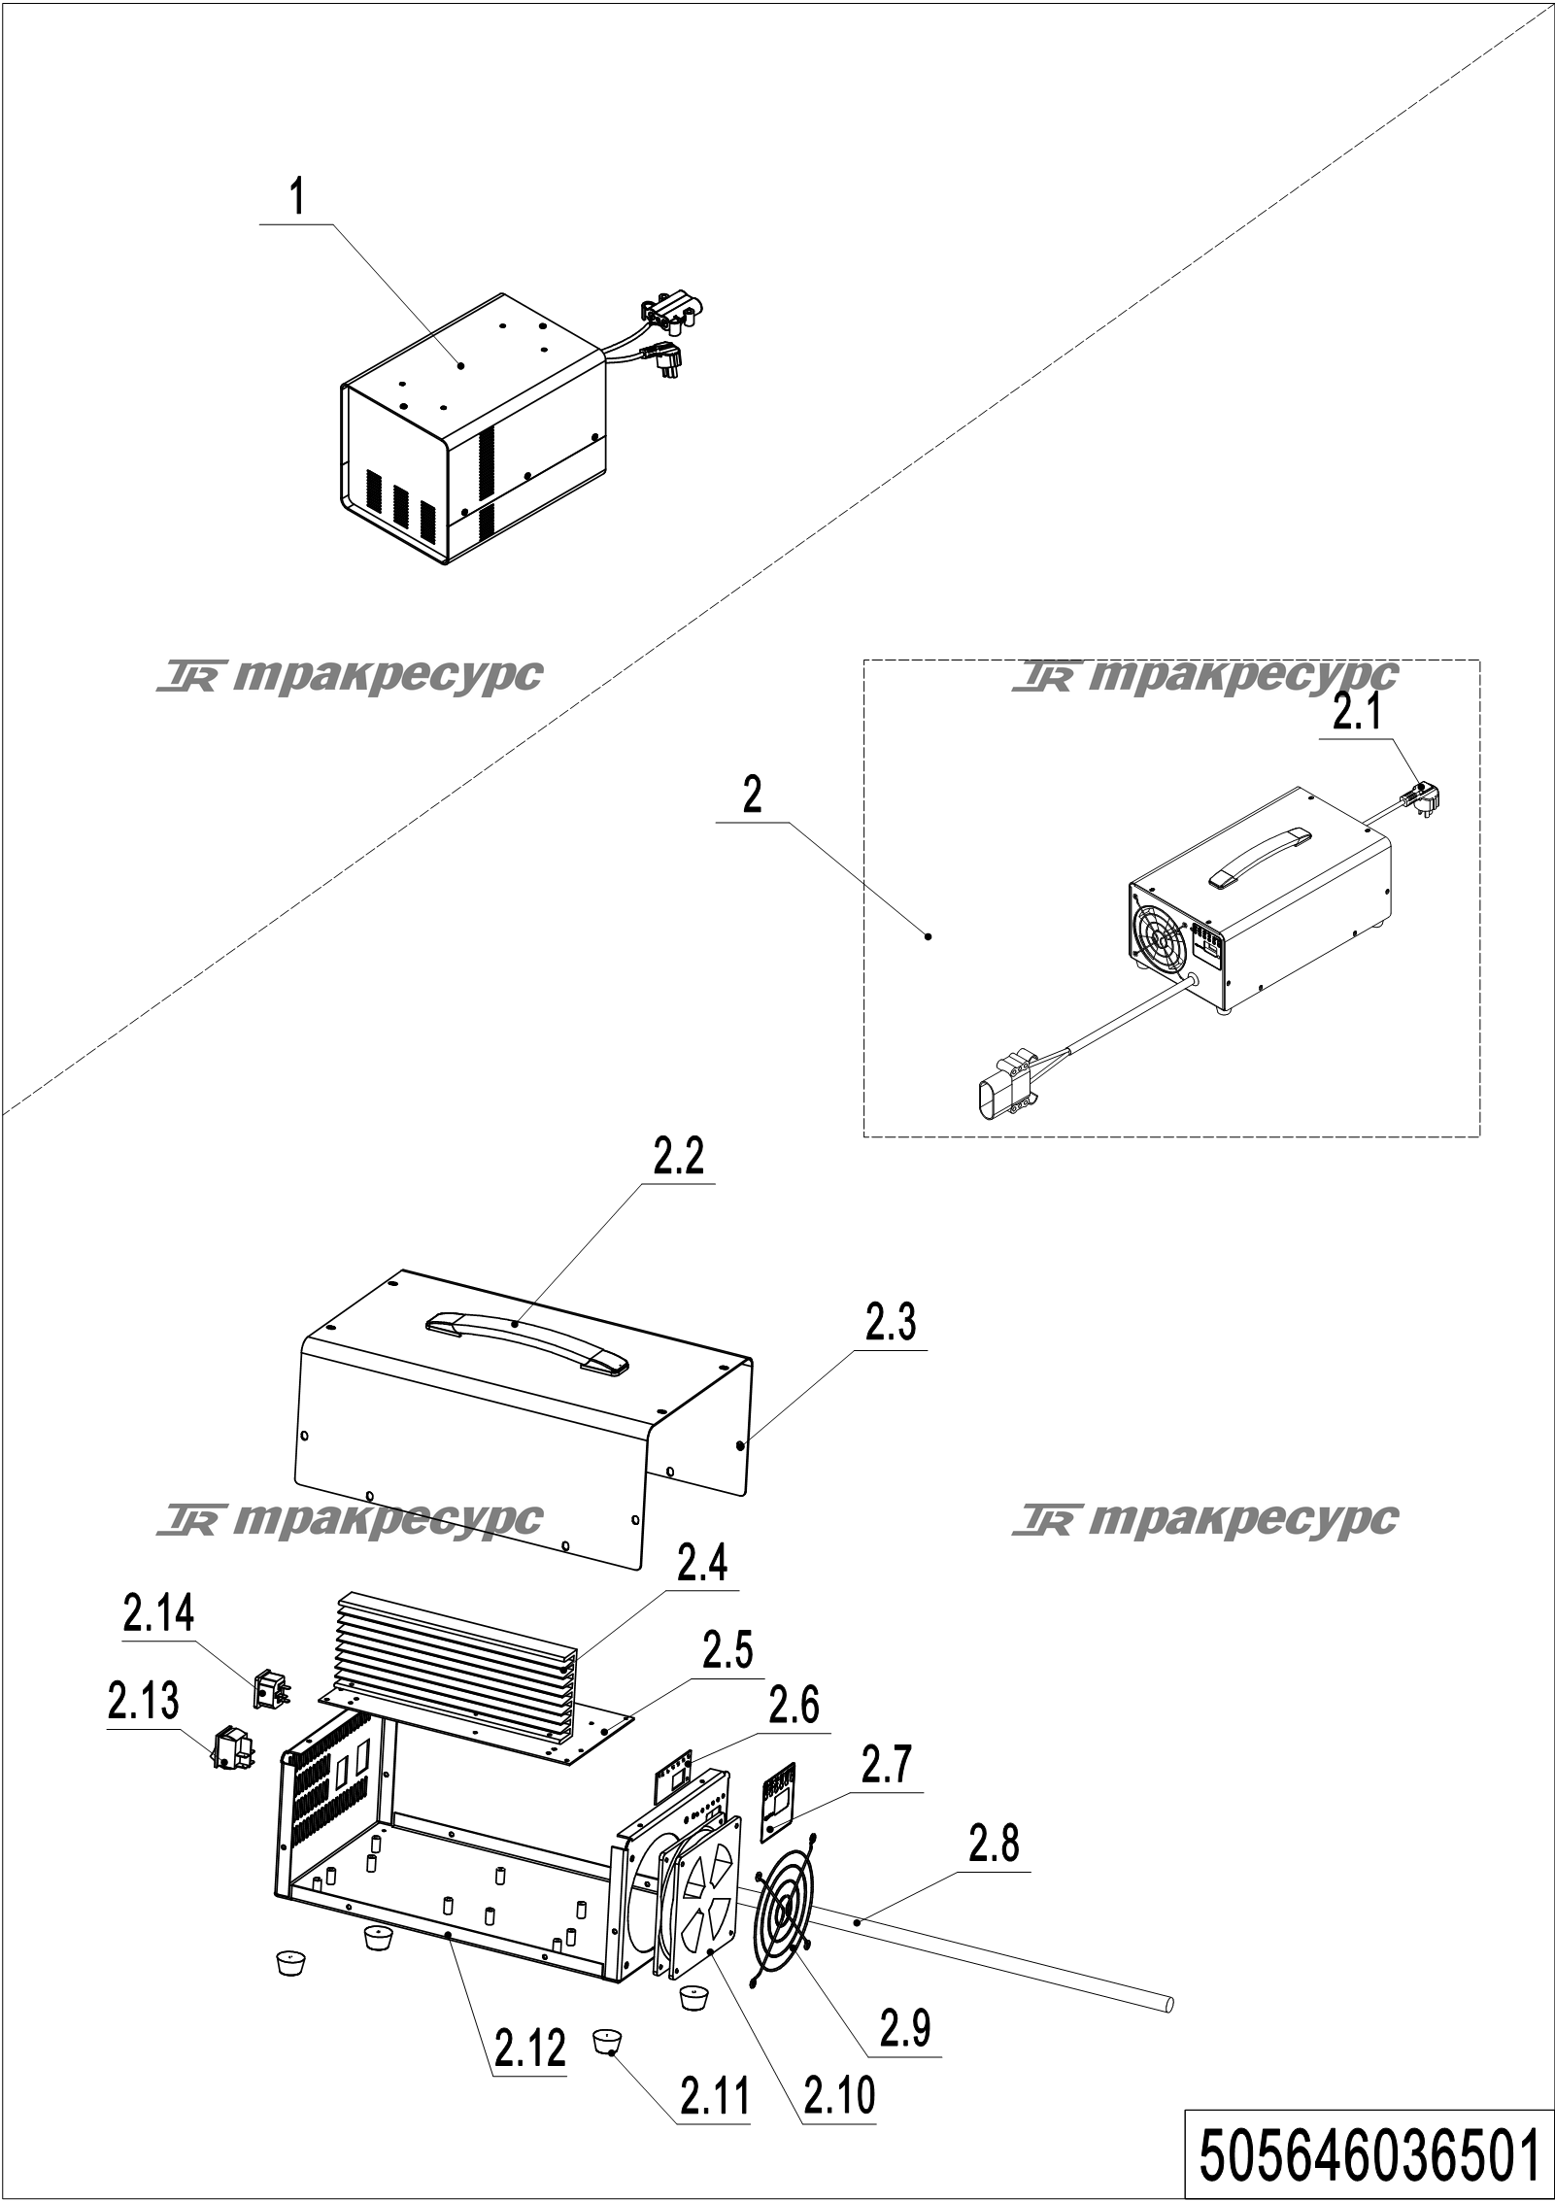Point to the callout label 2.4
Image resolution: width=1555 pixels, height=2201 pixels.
pos(702,1565)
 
